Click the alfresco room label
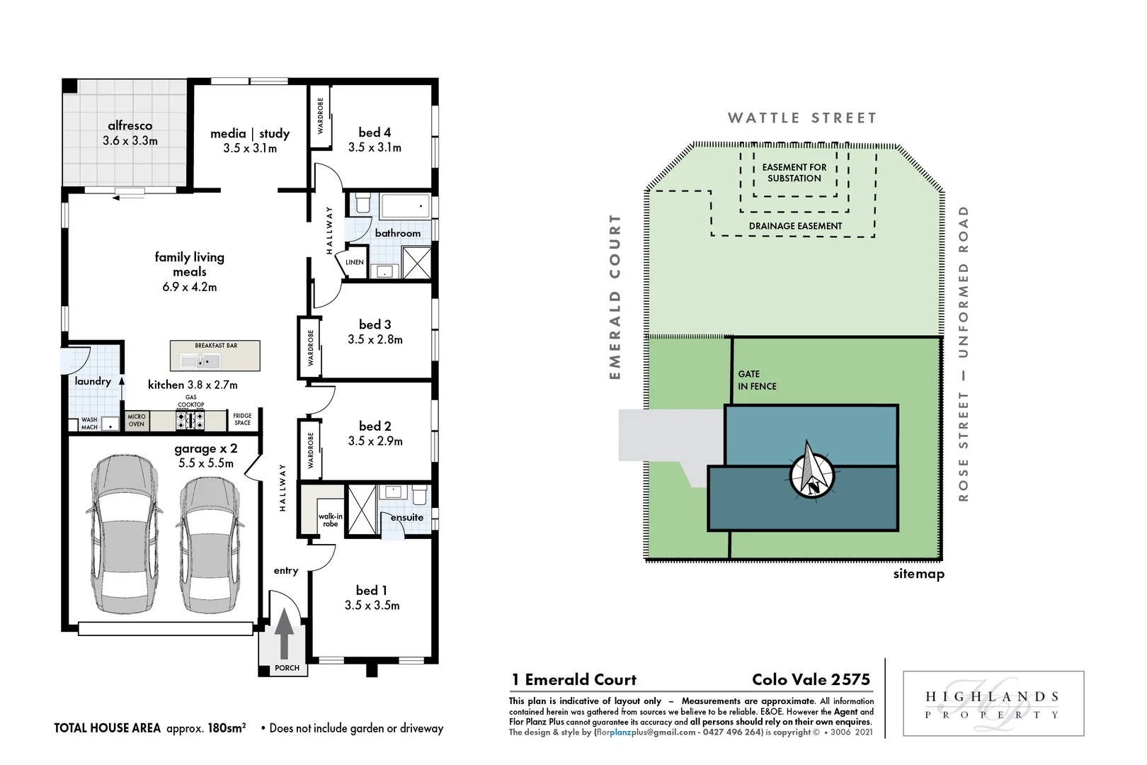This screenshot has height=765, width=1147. point(130,126)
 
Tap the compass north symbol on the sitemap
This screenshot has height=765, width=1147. point(811,471)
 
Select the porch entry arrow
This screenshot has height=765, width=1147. point(284,633)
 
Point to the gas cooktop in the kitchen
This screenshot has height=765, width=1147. point(190,421)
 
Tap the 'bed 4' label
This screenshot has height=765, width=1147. point(375,132)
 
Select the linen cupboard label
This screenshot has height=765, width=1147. point(355,262)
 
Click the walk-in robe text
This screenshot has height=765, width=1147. point(330,520)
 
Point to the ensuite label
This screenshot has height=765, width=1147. point(407,518)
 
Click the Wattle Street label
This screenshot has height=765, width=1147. point(802,118)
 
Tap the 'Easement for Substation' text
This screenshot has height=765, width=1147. point(794,173)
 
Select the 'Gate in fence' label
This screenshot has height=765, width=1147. point(757,380)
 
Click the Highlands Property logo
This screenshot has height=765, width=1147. point(993,704)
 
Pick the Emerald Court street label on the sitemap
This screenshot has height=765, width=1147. point(615,297)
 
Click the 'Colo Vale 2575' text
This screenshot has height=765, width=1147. point(811,679)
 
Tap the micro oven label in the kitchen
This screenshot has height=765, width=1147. point(137,421)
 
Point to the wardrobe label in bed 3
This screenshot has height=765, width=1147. point(310,347)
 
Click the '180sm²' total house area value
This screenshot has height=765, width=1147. point(227,727)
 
